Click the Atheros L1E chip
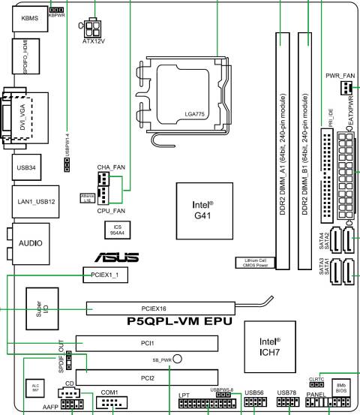pyautogui.click(x=88, y=198)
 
